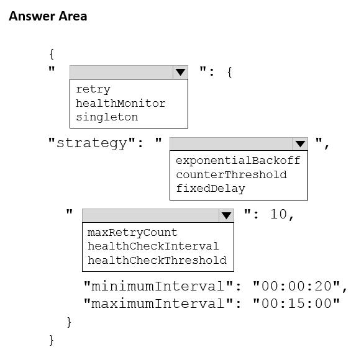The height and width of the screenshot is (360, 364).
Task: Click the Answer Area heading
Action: click(x=48, y=16)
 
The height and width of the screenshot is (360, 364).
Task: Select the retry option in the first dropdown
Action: click(x=93, y=89)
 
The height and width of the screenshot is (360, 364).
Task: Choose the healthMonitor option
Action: click(x=121, y=103)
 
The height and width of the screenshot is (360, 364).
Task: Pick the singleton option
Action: click(x=107, y=117)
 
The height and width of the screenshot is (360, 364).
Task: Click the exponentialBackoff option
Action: click(x=238, y=161)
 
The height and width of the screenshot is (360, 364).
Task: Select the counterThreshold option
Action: click(x=232, y=174)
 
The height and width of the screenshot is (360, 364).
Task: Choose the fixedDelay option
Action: click(x=211, y=189)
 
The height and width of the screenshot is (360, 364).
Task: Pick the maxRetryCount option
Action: click(x=132, y=232)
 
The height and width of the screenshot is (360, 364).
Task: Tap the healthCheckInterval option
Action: click(x=153, y=246)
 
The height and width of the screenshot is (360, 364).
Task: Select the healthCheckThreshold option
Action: click(x=157, y=260)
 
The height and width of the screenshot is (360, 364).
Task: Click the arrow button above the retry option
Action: click(x=180, y=72)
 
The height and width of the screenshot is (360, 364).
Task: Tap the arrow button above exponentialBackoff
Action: click(x=301, y=144)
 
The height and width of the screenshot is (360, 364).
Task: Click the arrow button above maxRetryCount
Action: click(x=226, y=215)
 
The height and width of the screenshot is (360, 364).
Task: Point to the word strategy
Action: click(x=92, y=143)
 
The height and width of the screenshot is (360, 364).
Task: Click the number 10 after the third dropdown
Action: click(x=278, y=214)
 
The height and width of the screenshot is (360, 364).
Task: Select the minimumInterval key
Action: click(x=158, y=286)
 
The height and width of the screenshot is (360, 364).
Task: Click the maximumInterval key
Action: click(x=158, y=304)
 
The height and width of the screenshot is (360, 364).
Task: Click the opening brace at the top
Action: click(x=52, y=54)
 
